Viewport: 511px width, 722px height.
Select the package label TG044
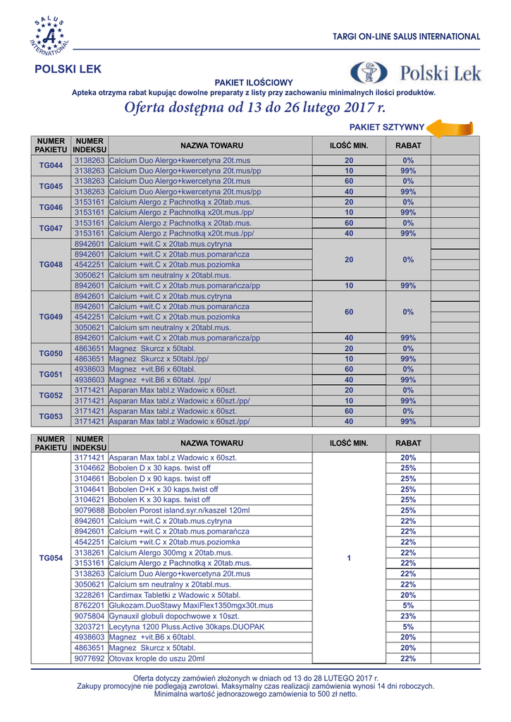[x=51, y=166]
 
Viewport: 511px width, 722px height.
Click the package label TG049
[x=51, y=317]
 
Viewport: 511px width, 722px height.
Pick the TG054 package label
[x=51, y=558]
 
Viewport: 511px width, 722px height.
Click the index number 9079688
[x=90, y=510]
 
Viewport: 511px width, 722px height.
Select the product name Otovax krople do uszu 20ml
[x=156, y=658]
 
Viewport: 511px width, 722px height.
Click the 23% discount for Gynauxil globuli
[x=408, y=616]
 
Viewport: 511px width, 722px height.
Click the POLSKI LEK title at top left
[x=68, y=69]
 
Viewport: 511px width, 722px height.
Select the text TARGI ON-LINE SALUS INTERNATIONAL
[x=407, y=36]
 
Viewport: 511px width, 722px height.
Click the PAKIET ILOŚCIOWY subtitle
[x=254, y=82]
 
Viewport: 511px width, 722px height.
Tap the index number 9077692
[x=90, y=658]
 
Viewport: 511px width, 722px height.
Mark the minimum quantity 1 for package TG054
[x=348, y=558]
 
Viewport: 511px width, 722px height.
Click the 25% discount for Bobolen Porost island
[x=408, y=510]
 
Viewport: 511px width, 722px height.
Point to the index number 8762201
[x=90, y=605]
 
